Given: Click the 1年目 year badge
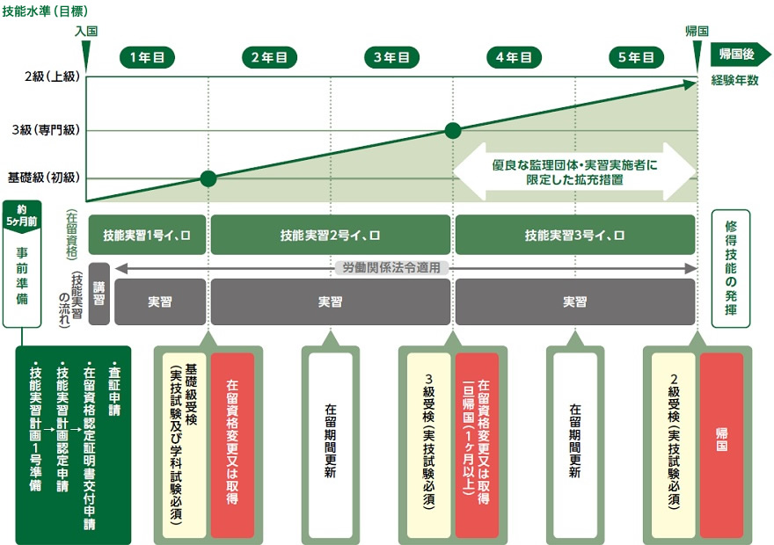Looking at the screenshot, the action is [147, 57].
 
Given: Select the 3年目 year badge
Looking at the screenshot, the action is [391, 57].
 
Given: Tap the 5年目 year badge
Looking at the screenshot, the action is [636, 57].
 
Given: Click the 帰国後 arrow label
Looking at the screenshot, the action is [740, 54].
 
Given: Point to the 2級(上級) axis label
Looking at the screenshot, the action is [52, 76].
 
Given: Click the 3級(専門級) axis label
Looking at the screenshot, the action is [46, 130].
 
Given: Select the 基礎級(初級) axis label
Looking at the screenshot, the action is [43, 178].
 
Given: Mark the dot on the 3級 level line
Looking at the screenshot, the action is [453, 131].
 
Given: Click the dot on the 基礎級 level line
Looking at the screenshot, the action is [208, 178].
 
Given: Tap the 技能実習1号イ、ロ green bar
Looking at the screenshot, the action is [147, 235].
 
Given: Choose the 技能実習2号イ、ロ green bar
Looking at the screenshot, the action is [330, 235].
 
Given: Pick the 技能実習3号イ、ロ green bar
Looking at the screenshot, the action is [575, 235].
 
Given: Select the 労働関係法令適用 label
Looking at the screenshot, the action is [391, 268].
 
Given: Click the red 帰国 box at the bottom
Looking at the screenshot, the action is [722, 446].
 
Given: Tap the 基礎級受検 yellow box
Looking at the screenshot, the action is [184, 446].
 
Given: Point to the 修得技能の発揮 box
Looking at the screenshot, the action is [731, 268].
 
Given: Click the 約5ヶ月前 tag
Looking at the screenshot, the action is [22, 215].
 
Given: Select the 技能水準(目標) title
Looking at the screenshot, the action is [45, 11].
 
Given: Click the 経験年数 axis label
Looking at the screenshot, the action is [734, 80].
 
